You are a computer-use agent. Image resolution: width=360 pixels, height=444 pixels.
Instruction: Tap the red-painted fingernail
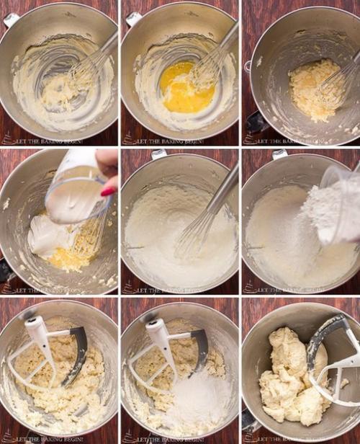click(x=109, y=191)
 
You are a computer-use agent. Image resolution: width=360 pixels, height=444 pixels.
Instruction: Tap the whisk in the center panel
click(x=205, y=216)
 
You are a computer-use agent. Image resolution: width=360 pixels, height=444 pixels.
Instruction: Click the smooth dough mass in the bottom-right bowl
click(x=288, y=378)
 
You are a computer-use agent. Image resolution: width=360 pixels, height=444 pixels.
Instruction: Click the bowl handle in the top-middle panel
click(x=134, y=19)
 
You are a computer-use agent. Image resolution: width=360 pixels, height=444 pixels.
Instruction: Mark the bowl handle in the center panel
click(x=159, y=154)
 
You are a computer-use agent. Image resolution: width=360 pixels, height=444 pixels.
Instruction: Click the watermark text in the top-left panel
click(x=61, y=141)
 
